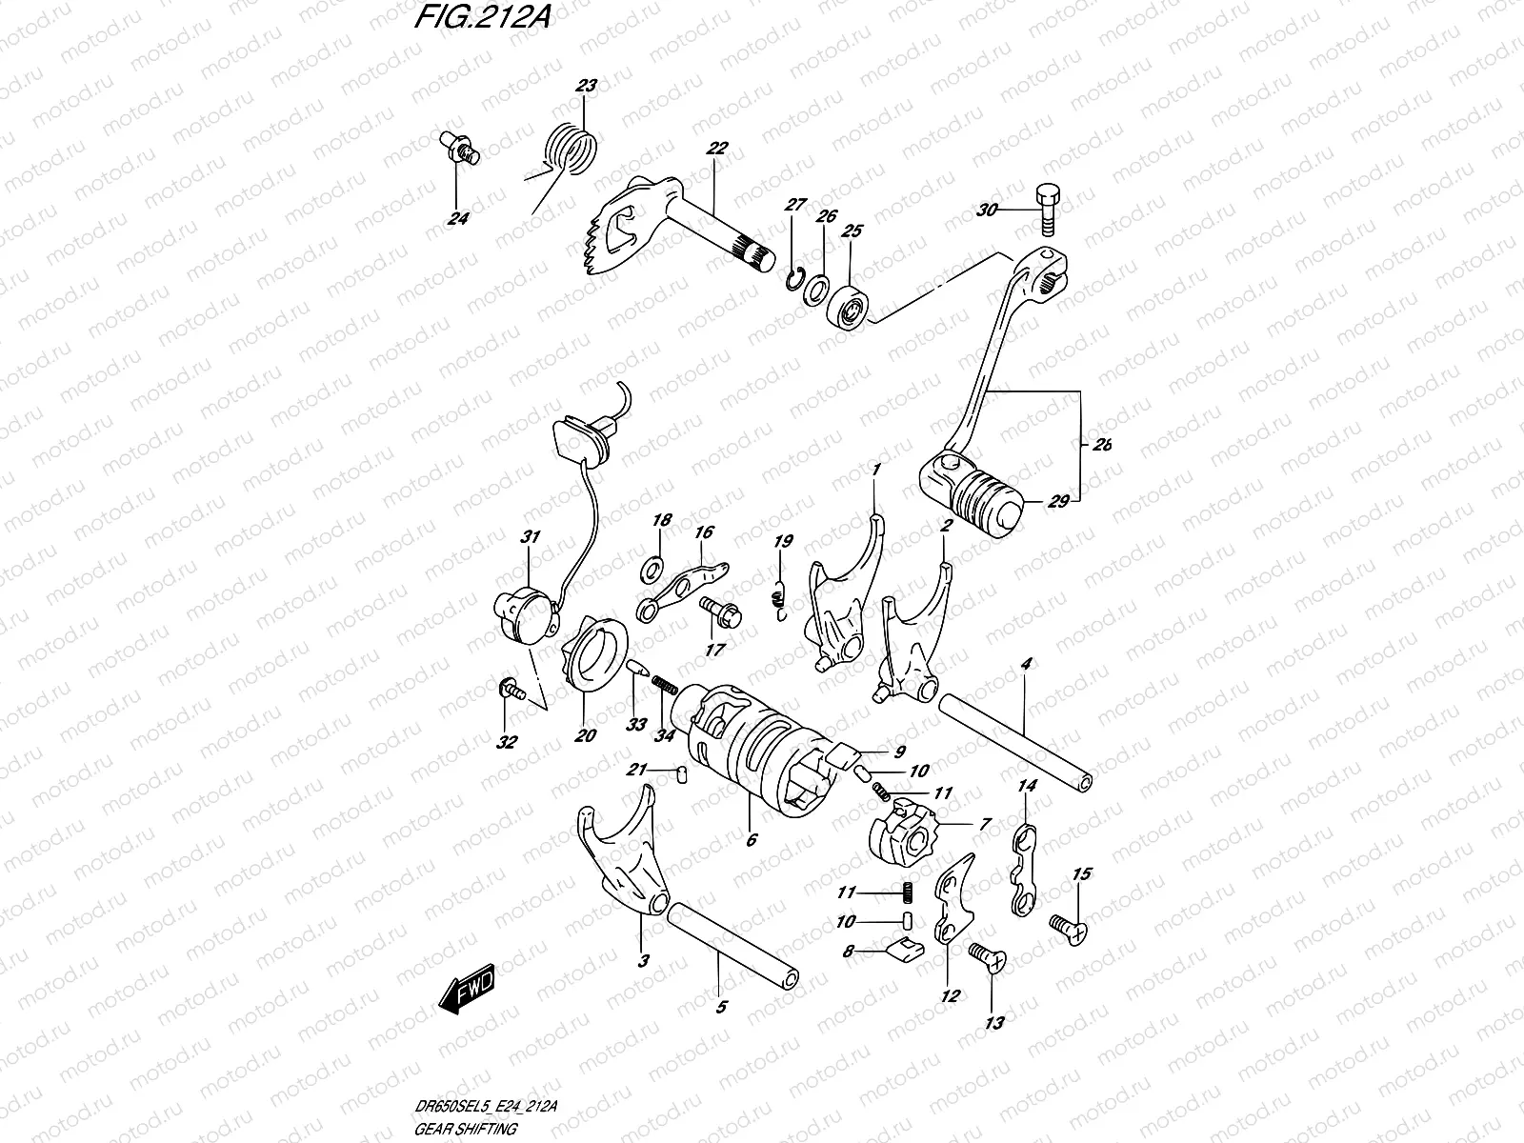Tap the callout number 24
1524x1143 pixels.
pyautogui.click(x=459, y=219)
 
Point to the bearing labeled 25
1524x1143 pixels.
pyautogui.click(x=850, y=306)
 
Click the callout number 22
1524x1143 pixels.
pyautogui.click(x=716, y=149)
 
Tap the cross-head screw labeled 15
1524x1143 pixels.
pyautogui.click(x=1066, y=928)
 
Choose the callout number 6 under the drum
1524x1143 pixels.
pyautogui.click(x=751, y=839)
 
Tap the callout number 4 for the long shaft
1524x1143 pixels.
pyautogui.click(x=1026, y=663)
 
